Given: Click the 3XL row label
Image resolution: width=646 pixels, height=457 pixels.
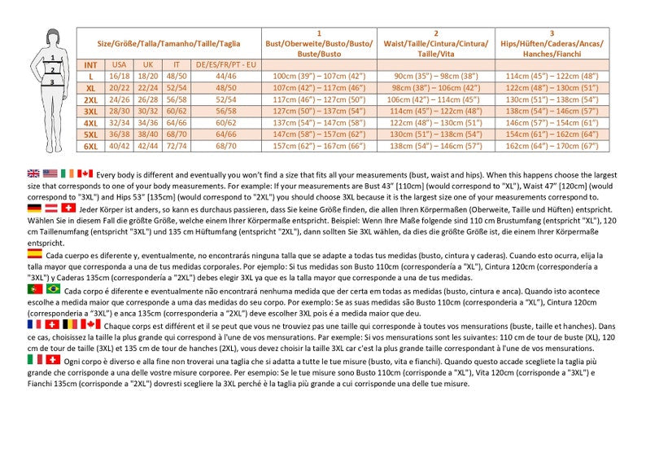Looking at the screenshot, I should click(x=90, y=111).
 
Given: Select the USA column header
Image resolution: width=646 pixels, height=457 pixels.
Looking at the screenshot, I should click(x=119, y=64).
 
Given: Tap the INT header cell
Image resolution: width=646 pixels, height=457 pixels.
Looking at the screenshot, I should click(x=90, y=64).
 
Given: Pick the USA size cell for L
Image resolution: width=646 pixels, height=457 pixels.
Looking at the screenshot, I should click(x=119, y=76).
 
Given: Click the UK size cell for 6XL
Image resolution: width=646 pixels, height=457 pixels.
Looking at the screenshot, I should click(x=147, y=146).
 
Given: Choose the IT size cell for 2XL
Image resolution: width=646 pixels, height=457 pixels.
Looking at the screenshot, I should click(x=176, y=99).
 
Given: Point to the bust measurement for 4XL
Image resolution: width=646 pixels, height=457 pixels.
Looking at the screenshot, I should click(x=318, y=122).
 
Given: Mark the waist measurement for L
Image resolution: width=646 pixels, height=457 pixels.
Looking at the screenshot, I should click(x=435, y=76).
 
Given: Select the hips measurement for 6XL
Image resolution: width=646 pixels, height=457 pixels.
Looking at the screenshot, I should click(x=552, y=146).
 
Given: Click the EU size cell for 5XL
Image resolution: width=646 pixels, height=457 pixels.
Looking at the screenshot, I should click(x=225, y=134).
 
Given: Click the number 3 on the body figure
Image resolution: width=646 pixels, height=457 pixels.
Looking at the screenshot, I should click(x=52, y=81).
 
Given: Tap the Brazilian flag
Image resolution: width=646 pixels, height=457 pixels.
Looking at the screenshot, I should click(x=54, y=289).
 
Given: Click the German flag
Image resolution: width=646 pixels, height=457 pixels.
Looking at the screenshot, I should click(x=34, y=209).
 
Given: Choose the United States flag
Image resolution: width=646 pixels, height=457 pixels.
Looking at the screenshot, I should click(x=50, y=174).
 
